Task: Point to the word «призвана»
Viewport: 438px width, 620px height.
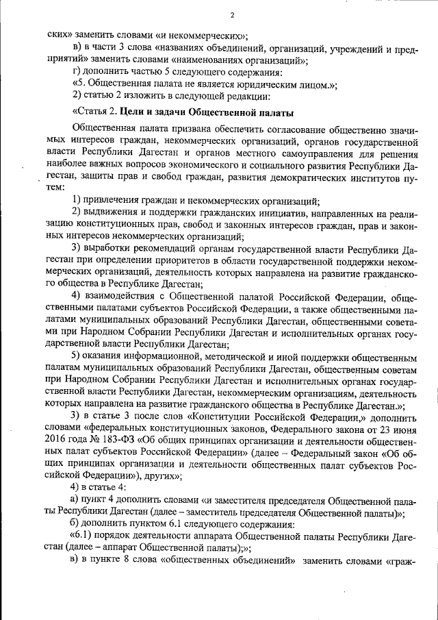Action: [194, 131]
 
